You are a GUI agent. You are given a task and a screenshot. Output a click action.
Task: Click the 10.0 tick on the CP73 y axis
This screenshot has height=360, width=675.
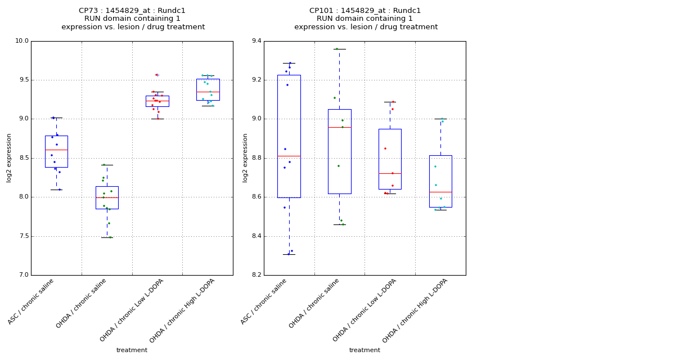coord(21,41)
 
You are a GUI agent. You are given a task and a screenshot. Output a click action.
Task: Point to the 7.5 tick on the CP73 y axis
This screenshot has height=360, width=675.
coord(22,236)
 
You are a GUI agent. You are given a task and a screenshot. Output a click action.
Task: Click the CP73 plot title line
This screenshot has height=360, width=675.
coord(132,11)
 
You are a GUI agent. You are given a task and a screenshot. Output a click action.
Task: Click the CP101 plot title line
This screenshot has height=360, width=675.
coord(365,11)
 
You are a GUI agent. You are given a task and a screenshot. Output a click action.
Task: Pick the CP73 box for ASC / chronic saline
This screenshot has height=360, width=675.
coord(56,152)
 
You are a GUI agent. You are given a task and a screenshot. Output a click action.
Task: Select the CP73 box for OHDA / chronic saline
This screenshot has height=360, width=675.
coord(107,197)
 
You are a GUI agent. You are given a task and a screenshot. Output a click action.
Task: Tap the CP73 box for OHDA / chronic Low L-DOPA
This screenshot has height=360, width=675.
coord(157,101)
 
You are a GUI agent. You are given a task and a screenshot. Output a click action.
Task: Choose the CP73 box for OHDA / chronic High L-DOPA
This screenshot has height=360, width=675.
coord(208,89)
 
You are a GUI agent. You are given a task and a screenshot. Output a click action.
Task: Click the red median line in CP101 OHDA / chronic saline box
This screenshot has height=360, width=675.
coord(340,127)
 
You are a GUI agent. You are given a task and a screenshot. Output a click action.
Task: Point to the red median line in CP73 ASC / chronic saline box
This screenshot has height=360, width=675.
coord(56,150)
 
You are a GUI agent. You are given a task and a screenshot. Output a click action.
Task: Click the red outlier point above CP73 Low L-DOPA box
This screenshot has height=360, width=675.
coord(156,75)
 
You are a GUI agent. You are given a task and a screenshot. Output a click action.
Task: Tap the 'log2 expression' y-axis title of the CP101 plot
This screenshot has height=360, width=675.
coord(245,158)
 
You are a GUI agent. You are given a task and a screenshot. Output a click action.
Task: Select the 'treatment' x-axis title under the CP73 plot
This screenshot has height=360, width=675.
coord(132,350)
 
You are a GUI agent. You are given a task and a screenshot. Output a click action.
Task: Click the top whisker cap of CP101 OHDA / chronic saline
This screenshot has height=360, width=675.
coord(339,49)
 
